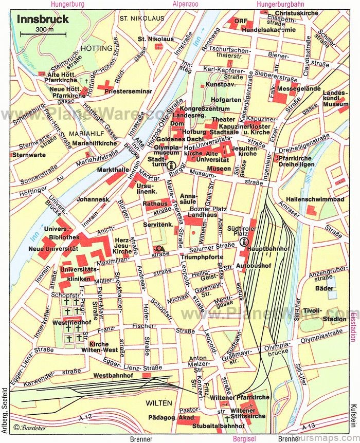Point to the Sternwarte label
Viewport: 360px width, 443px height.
tap(26, 154)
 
